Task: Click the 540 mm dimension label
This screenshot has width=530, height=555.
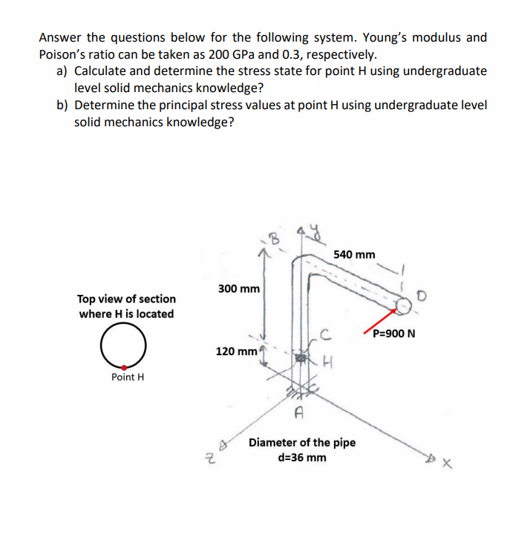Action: point(354,255)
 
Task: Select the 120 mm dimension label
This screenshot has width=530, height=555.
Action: point(235,350)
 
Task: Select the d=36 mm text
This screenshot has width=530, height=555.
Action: point(301,457)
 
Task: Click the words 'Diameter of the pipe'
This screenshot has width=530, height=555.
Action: point(301,443)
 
